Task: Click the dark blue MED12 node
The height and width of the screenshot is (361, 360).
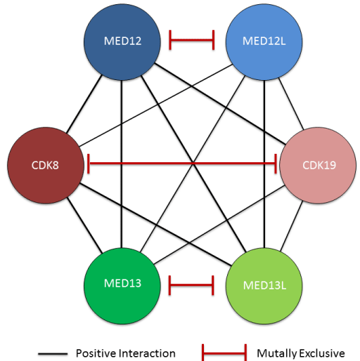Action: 122,42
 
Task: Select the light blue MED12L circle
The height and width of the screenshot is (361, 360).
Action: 264,42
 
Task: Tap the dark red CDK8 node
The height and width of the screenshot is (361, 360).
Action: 46,165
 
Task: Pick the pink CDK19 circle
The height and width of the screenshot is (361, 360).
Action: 318,165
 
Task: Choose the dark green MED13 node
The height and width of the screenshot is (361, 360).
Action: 122,286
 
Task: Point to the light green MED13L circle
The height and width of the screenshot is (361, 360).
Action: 264,286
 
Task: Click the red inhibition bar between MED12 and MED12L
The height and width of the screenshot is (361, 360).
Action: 191,40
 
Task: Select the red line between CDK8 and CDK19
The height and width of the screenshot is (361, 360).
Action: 182,164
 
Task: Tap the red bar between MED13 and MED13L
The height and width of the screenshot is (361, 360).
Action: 191,285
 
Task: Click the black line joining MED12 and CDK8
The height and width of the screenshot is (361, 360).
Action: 84,104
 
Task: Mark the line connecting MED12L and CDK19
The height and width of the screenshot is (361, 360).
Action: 291,104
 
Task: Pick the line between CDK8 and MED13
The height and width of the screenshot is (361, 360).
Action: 84,225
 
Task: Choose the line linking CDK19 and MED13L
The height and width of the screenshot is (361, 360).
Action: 291,227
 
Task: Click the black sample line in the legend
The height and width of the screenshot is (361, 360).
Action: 53,354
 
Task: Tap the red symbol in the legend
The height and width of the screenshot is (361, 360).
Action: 224,353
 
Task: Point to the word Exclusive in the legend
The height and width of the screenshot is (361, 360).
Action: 321,353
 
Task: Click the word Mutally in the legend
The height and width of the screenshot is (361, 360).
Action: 276,354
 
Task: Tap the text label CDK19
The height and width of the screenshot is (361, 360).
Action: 319,165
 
